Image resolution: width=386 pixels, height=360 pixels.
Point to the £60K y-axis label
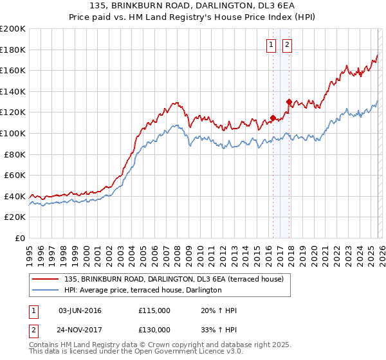[x=15, y=175]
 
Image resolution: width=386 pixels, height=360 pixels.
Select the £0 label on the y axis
[x=21, y=238]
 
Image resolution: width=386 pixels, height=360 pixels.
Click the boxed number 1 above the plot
[x=270, y=45]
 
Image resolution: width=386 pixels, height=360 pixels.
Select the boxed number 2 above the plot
[x=286, y=45]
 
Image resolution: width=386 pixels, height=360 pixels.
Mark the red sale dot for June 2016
[x=273, y=118]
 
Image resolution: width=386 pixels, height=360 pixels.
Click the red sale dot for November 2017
[x=289, y=102]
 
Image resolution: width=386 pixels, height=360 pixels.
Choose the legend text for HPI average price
[x=143, y=291]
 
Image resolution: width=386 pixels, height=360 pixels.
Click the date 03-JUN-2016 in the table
[x=80, y=310]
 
